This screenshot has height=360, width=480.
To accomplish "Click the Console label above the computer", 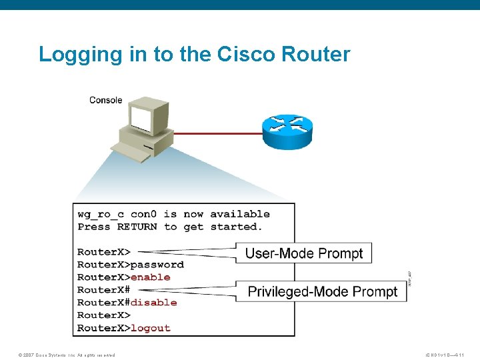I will (x=105, y=100).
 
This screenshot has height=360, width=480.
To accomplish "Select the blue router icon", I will (x=287, y=131).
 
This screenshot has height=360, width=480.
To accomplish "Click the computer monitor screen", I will (x=141, y=119).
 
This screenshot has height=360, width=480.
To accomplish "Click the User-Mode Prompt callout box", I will (x=303, y=253).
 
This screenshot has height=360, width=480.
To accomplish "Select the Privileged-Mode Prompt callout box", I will (x=322, y=292).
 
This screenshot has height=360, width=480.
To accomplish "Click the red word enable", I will (x=151, y=277).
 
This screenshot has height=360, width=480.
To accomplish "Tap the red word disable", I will (x=153, y=303).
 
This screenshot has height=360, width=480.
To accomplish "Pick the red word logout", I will (x=151, y=328).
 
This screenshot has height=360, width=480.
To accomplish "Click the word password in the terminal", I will (x=157, y=265).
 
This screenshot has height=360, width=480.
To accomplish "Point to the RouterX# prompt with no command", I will (x=103, y=290).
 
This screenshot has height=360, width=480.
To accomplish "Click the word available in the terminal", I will (x=240, y=214).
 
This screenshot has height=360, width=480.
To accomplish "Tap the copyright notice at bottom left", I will (x=67, y=355).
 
